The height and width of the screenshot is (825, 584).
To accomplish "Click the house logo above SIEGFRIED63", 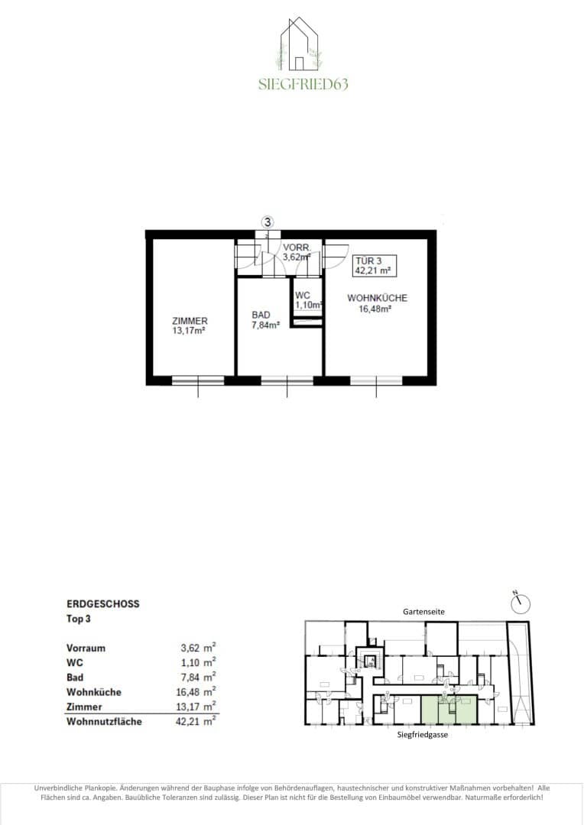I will (x=299, y=44).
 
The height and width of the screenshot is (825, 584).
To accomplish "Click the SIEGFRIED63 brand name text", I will (x=303, y=85).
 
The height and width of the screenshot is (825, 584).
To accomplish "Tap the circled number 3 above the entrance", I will (x=268, y=222).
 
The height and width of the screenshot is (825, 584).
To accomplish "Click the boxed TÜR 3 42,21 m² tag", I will (x=373, y=265).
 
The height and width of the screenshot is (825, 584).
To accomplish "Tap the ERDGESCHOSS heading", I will (x=103, y=603).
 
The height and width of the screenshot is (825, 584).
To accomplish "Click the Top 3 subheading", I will (x=79, y=620).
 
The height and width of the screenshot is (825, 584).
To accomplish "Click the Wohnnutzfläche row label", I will (x=104, y=721).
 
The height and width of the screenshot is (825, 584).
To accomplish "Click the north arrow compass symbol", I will (x=520, y=602).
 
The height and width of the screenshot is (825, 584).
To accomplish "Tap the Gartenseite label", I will (x=423, y=612).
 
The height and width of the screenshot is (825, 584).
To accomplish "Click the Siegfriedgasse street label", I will (x=422, y=735).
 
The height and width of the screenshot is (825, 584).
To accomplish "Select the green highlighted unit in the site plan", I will (x=449, y=710).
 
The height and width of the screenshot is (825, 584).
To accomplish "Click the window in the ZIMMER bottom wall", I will (x=198, y=380).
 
